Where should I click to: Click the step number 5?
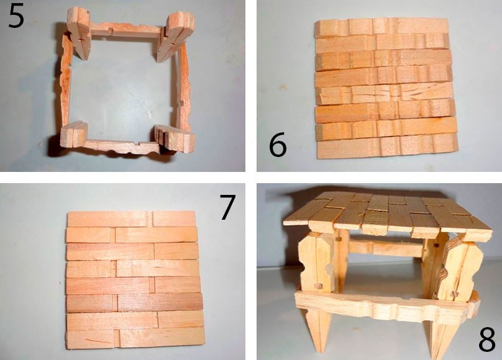tap(16, 16)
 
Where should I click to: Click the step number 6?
tap(278, 145)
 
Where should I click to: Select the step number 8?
tap(487, 340)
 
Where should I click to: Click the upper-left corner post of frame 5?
tap(80, 33)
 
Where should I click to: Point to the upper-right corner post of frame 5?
tap(174, 37)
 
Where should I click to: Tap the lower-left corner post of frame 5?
tap(74, 134)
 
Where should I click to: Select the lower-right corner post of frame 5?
tap(175, 138)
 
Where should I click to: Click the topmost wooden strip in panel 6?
tap(381, 27)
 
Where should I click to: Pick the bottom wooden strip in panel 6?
tap(388, 147)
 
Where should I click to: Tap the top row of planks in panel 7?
tap(132, 219)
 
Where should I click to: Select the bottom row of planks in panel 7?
tap(135, 338)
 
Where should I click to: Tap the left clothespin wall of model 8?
tap(316, 263)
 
